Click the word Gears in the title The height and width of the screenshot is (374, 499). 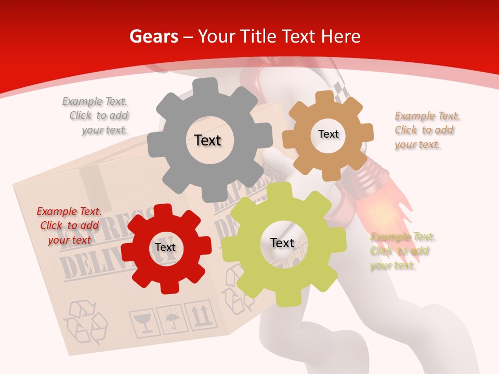153,36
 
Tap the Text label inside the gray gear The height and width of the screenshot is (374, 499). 207,140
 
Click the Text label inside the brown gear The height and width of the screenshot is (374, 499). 328,134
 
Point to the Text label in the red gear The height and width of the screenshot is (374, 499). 165,248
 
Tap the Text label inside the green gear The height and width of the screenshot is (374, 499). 282,243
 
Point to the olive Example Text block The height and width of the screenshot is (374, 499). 401,251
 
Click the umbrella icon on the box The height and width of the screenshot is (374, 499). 171,318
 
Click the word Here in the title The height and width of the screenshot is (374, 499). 341,36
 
